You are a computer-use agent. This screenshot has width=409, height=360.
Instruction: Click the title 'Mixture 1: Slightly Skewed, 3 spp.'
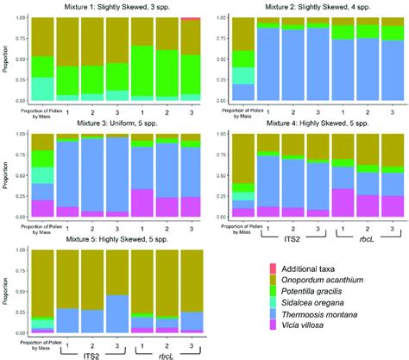110,6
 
